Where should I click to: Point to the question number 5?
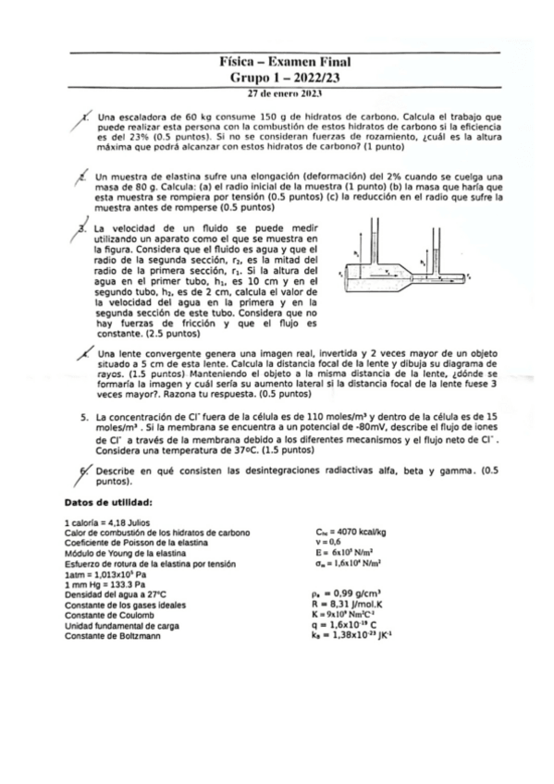coord(84,417)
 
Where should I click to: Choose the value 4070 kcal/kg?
coord(351,533)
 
